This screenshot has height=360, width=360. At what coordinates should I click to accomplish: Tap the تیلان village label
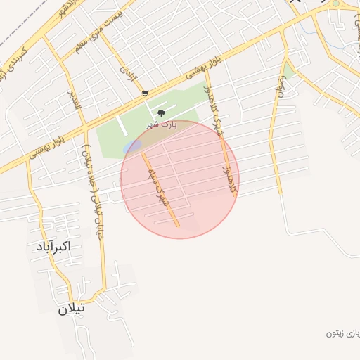71,308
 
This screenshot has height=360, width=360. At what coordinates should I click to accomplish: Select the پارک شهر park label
161,124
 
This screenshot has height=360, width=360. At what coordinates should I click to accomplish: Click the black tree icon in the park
162,112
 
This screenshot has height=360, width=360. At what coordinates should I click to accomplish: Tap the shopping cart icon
145,93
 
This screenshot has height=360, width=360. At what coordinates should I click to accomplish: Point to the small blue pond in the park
132,146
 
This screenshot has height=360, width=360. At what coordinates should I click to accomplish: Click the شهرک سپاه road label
158,186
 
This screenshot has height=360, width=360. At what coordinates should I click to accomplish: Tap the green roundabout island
335,4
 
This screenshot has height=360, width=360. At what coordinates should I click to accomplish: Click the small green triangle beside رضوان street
288,71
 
